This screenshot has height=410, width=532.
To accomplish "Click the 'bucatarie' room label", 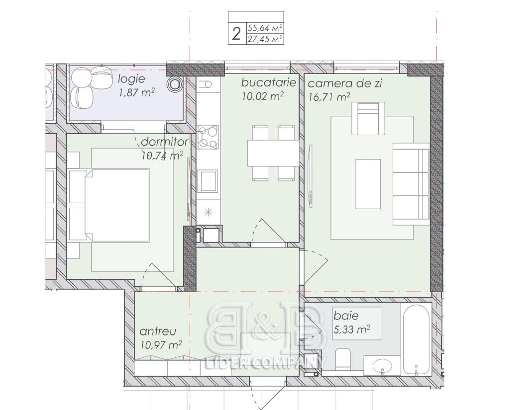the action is coord(269,82).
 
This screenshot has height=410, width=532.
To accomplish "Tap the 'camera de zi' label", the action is coord(345,83).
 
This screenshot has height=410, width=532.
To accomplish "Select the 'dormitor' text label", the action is coord(165,141).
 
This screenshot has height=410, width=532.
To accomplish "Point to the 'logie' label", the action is coord(131,79).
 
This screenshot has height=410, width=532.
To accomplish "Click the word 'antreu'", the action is coord(158,331).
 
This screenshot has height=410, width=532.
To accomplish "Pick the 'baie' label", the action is coord(346,316).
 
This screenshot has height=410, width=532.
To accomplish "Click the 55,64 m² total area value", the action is coord(265,27).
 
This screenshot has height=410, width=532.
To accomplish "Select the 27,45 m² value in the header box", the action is coord(265,39).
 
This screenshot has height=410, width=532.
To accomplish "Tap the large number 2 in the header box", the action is coord(236,34).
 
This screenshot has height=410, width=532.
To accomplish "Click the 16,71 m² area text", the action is coord(329,97).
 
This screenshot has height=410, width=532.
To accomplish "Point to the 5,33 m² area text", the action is coord(352,329).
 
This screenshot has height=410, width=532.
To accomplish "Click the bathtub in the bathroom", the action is coord(417,339).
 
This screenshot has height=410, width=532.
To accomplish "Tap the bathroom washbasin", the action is coord(382,366).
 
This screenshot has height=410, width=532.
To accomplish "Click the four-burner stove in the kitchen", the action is coord(208,137).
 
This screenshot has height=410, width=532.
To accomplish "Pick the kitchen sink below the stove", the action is coord(208,181).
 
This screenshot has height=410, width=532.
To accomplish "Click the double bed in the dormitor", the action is coord(117,205).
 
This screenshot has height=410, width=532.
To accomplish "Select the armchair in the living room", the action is coord(368,118).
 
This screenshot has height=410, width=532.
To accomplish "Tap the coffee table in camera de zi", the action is coord(368,184).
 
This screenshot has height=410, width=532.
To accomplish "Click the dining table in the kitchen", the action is coord(273,153).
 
